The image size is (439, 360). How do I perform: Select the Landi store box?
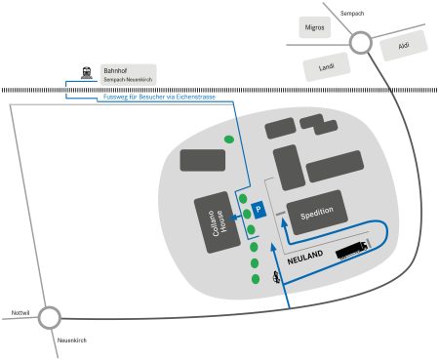tap(326, 67)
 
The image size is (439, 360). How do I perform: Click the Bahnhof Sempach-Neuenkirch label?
tap(127, 73)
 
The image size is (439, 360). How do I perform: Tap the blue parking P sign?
tap(259, 209)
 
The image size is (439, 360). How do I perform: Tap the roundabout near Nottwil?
tap(49, 316)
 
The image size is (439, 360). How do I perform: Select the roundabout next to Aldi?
tap(361, 42)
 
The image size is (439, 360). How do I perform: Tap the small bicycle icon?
tap(278, 278)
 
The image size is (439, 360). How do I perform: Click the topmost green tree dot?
tap(229, 140)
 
